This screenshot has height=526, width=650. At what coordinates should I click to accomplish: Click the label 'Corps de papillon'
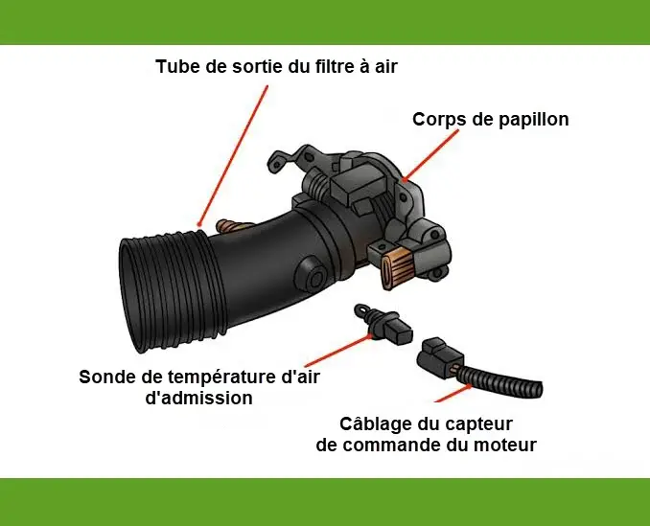[490, 120]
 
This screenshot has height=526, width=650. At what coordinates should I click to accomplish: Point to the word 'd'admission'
[198, 398]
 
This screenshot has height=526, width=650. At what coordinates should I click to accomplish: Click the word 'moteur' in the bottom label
[504, 445]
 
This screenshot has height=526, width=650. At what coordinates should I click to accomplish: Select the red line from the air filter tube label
[233, 153]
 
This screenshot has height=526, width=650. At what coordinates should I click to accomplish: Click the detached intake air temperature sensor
[383, 326]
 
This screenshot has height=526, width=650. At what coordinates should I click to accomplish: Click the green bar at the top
[325, 22]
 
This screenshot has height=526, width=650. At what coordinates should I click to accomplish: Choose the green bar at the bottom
[325, 501]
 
